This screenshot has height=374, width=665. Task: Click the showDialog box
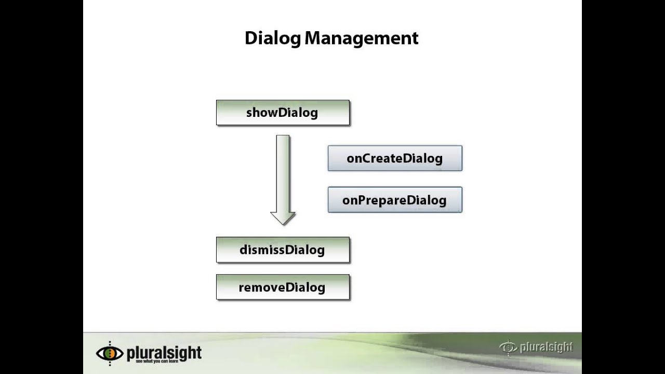click(283, 113)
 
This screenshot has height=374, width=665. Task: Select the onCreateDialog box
click(395, 158)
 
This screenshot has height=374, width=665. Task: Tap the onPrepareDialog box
click(395, 200)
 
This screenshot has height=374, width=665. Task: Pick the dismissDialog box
click(283, 250)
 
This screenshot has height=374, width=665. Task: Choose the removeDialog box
click(283, 287)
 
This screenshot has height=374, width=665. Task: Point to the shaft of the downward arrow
click(283, 171)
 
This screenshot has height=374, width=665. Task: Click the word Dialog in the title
click(273, 38)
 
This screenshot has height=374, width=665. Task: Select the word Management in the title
click(362, 38)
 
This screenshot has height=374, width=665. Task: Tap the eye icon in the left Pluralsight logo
click(110, 353)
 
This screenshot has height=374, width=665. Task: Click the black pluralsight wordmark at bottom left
click(164, 352)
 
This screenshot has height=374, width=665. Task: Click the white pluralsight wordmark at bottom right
click(546, 347)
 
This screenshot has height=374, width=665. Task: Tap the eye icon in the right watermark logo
click(508, 347)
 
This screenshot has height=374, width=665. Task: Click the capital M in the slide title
click(313, 38)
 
